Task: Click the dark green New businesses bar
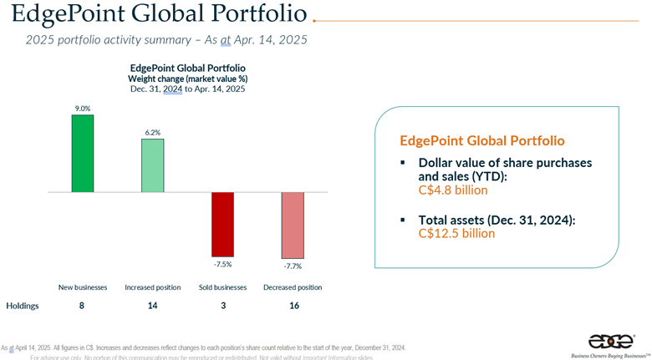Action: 83,153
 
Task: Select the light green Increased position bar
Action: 152,165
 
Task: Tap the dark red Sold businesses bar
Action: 222,224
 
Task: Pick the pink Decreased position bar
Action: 292,225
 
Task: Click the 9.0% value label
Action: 83,108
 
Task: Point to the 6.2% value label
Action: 152,132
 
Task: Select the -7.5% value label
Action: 222,265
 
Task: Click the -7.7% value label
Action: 292,266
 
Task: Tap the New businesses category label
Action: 83,287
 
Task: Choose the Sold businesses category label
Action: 222,287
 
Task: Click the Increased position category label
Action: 152,287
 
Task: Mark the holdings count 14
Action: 152,306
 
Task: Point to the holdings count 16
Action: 293,306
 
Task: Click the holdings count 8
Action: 82,306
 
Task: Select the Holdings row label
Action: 23,306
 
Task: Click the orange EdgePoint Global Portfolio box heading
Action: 482,140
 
